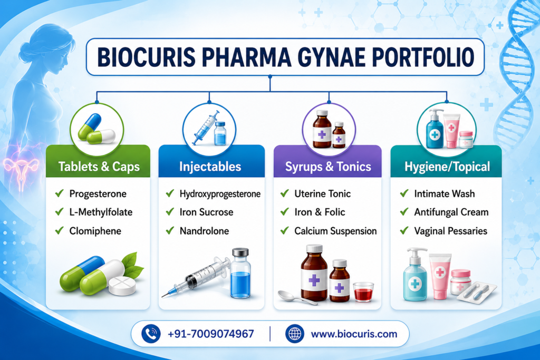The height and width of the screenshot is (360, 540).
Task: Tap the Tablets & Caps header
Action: click(99, 167)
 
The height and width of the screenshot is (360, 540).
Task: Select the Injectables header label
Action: click(210, 167)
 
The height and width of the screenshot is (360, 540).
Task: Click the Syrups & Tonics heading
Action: click(328, 167)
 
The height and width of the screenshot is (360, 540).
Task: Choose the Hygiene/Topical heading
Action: click(447, 167)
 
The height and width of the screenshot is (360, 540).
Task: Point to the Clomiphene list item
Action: click(95, 230)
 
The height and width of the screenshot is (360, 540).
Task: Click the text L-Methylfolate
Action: click(101, 212)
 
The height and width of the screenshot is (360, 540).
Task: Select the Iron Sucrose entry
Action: click(206, 212)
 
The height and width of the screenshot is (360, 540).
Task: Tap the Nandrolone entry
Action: click(204, 230)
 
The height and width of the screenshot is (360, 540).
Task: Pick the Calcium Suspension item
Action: click(335, 230)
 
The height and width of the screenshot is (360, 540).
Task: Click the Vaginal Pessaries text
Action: click(450, 230)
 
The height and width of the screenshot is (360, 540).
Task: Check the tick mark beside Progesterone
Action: click(59, 193)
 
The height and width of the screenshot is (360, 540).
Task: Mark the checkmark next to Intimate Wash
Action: click(404, 193)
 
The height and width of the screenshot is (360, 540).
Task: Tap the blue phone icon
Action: click(151, 334)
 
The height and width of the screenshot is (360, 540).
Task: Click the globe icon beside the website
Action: click(294, 334)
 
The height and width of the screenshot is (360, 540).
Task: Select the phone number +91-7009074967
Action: click(211, 334)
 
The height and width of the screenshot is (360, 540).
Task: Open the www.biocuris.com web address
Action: click(354, 334)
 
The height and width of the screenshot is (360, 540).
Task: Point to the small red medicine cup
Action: click(363, 292)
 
